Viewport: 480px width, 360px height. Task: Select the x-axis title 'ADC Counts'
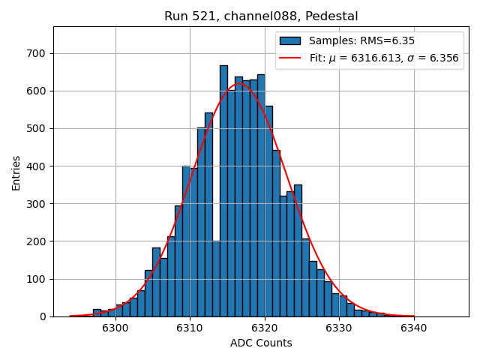pyautogui.click(x=261, y=343)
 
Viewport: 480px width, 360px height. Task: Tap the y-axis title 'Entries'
pyautogui.click(x=16, y=172)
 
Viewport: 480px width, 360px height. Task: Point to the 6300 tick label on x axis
pyautogui.click(x=115, y=328)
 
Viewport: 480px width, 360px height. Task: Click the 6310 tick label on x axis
pyautogui.click(x=190, y=328)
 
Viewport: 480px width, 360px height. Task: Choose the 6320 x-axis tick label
pyautogui.click(x=264, y=328)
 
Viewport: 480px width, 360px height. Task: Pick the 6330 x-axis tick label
pyautogui.click(x=338, y=328)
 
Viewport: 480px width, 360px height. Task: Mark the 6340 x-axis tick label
pyautogui.click(x=413, y=328)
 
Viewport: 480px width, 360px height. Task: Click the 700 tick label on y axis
pyautogui.click(x=37, y=53)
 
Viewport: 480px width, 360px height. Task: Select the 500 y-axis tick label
pyautogui.click(x=37, y=128)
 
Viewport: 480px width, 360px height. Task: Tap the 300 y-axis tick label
pyautogui.click(x=37, y=204)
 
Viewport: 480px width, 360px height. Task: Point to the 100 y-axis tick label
pyautogui.click(x=37, y=279)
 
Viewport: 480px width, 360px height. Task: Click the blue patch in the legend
pyautogui.click(x=290, y=40)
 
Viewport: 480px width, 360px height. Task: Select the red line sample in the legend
pyautogui.click(x=290, y=58)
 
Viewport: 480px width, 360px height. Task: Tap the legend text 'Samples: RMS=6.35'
pyautogui.click(x=361, y=40)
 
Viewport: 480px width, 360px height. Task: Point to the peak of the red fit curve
pyautogui.click(x=238, y=84)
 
